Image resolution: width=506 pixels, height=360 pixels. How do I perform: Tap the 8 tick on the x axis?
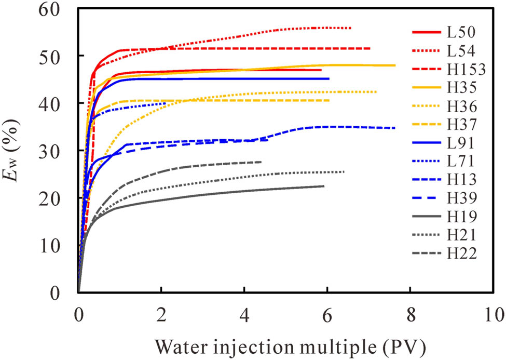pos(411,315)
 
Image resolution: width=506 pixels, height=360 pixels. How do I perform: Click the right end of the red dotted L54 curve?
pos(351,28)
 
